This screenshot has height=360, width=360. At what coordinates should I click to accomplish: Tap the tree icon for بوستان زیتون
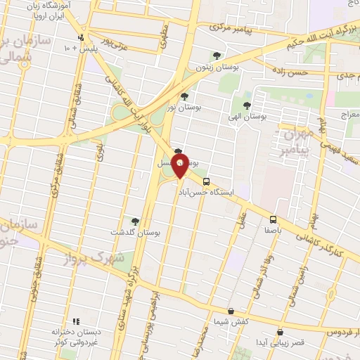217,56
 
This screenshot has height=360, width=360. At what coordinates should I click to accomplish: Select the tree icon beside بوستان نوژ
184,97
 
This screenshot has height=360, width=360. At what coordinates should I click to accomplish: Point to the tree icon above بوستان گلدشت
135,221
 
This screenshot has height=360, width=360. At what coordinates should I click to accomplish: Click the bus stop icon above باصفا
273,219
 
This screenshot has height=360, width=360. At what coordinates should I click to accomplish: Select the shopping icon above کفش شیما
231,311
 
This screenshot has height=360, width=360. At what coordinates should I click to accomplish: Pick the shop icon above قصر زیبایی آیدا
280,332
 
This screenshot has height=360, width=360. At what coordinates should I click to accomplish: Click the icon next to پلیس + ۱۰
82,38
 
